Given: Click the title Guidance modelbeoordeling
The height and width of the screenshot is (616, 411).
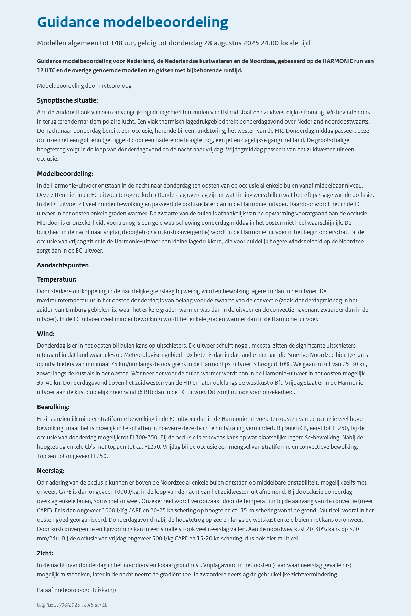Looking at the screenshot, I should (x=132, y=22).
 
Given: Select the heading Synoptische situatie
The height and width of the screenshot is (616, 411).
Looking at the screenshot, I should (x=67, y=100).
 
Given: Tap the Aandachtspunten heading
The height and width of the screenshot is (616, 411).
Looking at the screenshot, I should (x=63, y=265).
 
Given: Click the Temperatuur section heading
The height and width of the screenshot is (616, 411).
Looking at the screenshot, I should (x=57, y=279).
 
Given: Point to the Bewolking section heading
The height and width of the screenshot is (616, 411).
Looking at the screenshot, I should (x=53, y=407).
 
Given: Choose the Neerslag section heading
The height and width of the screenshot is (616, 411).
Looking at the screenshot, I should (x=51, y=470).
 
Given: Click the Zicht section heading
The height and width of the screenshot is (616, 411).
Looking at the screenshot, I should (x=45, y=553).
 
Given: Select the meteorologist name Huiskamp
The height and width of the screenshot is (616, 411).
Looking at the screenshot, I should (x=103, y=590).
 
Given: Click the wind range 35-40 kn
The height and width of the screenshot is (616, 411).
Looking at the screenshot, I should (x=48, y=382).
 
